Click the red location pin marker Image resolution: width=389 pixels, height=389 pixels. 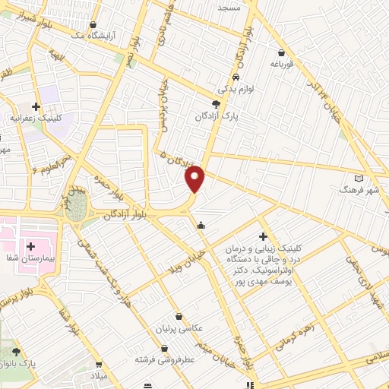tap(195, 179)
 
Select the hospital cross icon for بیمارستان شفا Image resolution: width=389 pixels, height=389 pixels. tap(32, 246)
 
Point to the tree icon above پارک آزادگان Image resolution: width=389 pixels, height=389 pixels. tap(217, 103)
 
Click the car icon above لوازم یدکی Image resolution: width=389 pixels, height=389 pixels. tap(236, 77)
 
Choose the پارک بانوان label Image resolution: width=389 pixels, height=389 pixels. tap(21, 365)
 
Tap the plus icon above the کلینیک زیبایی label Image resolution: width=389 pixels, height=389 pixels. tap(263, 236)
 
